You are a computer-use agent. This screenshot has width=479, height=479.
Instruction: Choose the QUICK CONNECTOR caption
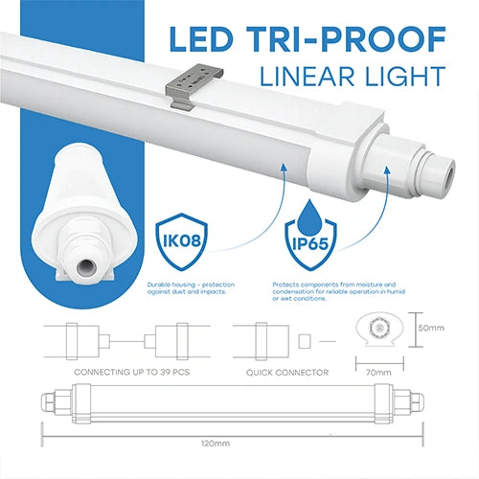(286, 371)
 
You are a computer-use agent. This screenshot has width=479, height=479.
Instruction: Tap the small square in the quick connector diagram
(305, 340)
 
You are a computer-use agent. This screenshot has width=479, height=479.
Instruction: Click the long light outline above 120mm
(229, 403)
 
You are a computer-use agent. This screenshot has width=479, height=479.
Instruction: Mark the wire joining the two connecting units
(125, 340)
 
